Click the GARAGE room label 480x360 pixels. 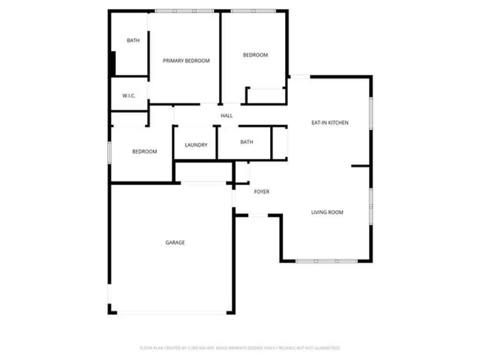pos(175,242)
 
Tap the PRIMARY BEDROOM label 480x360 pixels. pos(186,60)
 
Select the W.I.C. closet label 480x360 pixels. pos(129,96)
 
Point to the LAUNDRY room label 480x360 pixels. pos(196,145)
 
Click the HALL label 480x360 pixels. pos(227,116)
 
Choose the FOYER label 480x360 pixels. pos(262,192)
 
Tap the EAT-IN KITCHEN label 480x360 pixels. pos(330,123)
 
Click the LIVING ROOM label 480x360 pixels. pos(327,212)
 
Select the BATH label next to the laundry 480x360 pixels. pos(247,142)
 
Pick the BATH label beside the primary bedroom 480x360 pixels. pos(133,40)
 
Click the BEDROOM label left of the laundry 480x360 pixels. pos(144,151)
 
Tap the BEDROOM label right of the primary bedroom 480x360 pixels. pos(255,55)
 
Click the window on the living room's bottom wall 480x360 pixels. pos(327,261)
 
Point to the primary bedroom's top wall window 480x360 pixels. pos(184,11)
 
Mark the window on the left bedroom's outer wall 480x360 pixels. pos(110,153)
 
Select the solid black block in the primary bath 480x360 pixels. pos(112,63)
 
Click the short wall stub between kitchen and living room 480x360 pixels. pos(360,165)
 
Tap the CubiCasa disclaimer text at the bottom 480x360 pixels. pos(240,348)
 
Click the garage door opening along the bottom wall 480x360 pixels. pos(171,312)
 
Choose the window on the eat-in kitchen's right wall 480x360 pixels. pos(371,113)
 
